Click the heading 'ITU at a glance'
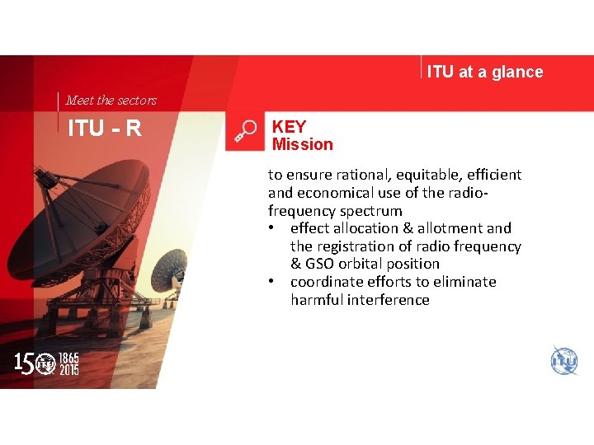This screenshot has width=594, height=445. [x=485, y=72]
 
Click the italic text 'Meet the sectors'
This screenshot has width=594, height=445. [x=111, y=101]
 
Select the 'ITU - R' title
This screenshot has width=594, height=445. [x=105, y=129]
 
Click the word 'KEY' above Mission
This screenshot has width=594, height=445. [x=289, y=127]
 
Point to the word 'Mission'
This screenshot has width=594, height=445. [x=303, y=144]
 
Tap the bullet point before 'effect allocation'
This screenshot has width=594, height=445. [x=273, y=228]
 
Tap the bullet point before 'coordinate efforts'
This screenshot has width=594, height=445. [x=273, y=282]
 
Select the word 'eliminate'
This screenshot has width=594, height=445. [x=464, y=282]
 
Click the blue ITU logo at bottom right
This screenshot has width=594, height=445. [x=564, y=361]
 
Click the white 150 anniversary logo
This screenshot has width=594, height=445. [x=46, y=363]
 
